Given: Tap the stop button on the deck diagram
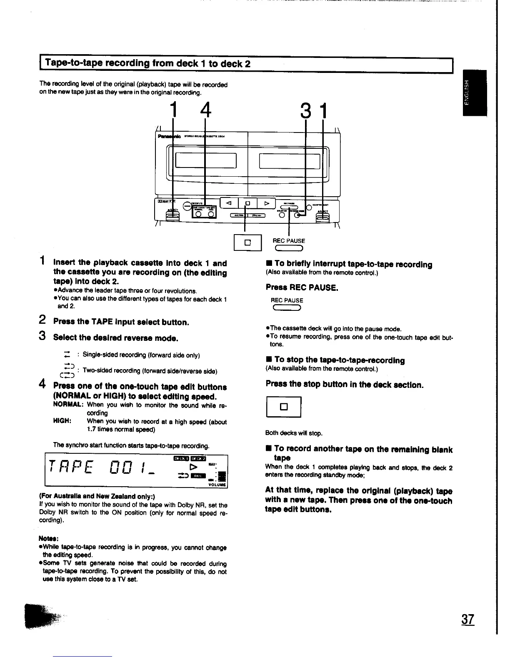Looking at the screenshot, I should pyautogui.click(x=247, y=203).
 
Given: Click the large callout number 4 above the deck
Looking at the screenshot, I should pyautogui.click(x=205, y=111).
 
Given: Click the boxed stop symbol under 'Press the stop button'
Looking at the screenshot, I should pyautogui.click(x=283, y=407).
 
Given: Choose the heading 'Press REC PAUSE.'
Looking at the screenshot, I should pyautogui.click(x=302, y=287).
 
